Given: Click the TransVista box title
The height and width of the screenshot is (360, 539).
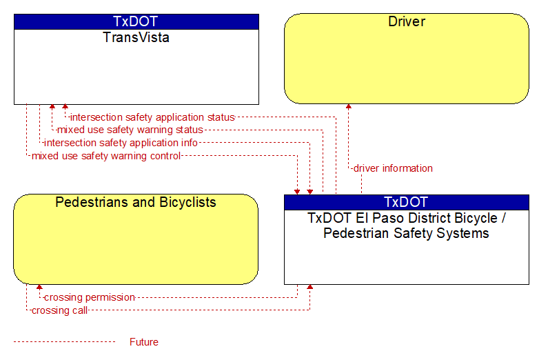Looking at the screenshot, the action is [x=136, y=37].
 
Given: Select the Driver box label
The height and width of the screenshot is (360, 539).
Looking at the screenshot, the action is [x=407, y=21].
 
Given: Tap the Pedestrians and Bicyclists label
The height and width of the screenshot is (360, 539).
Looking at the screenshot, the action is [x=136, y=202].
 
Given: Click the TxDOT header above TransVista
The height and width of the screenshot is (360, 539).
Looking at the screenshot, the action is [x=136, y=21].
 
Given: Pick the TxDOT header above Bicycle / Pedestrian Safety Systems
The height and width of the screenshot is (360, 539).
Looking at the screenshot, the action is [x=406, y=202].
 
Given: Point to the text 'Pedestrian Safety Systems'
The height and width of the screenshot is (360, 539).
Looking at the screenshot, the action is [x=406, y=233].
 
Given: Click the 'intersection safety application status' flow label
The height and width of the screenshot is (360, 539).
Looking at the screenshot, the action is [x=152, y=117].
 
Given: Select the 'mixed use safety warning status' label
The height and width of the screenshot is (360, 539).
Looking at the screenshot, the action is [x=130, y=130].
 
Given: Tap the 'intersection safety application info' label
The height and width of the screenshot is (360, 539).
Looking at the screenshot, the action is [x=121, y=143].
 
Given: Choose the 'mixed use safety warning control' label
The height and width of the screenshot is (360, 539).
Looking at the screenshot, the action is [x=106, y=156].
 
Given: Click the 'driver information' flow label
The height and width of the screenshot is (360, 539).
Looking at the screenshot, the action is [x=393, y=168].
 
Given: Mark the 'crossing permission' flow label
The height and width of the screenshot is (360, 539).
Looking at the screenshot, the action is [x=90, y=297].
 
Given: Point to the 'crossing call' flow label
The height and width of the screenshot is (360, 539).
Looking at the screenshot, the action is [x=59, y=310].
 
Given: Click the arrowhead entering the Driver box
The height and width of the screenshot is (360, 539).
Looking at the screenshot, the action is [x=349, y=106].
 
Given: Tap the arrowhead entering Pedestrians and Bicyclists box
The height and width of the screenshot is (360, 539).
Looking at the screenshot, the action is [x=39, y=287].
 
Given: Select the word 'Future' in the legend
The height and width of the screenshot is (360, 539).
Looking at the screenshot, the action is [x=144, y=342].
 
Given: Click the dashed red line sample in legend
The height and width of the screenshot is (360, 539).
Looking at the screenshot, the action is [x=64, y=342].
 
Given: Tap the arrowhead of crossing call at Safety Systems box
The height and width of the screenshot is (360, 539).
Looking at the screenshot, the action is [x=309, y=287].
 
